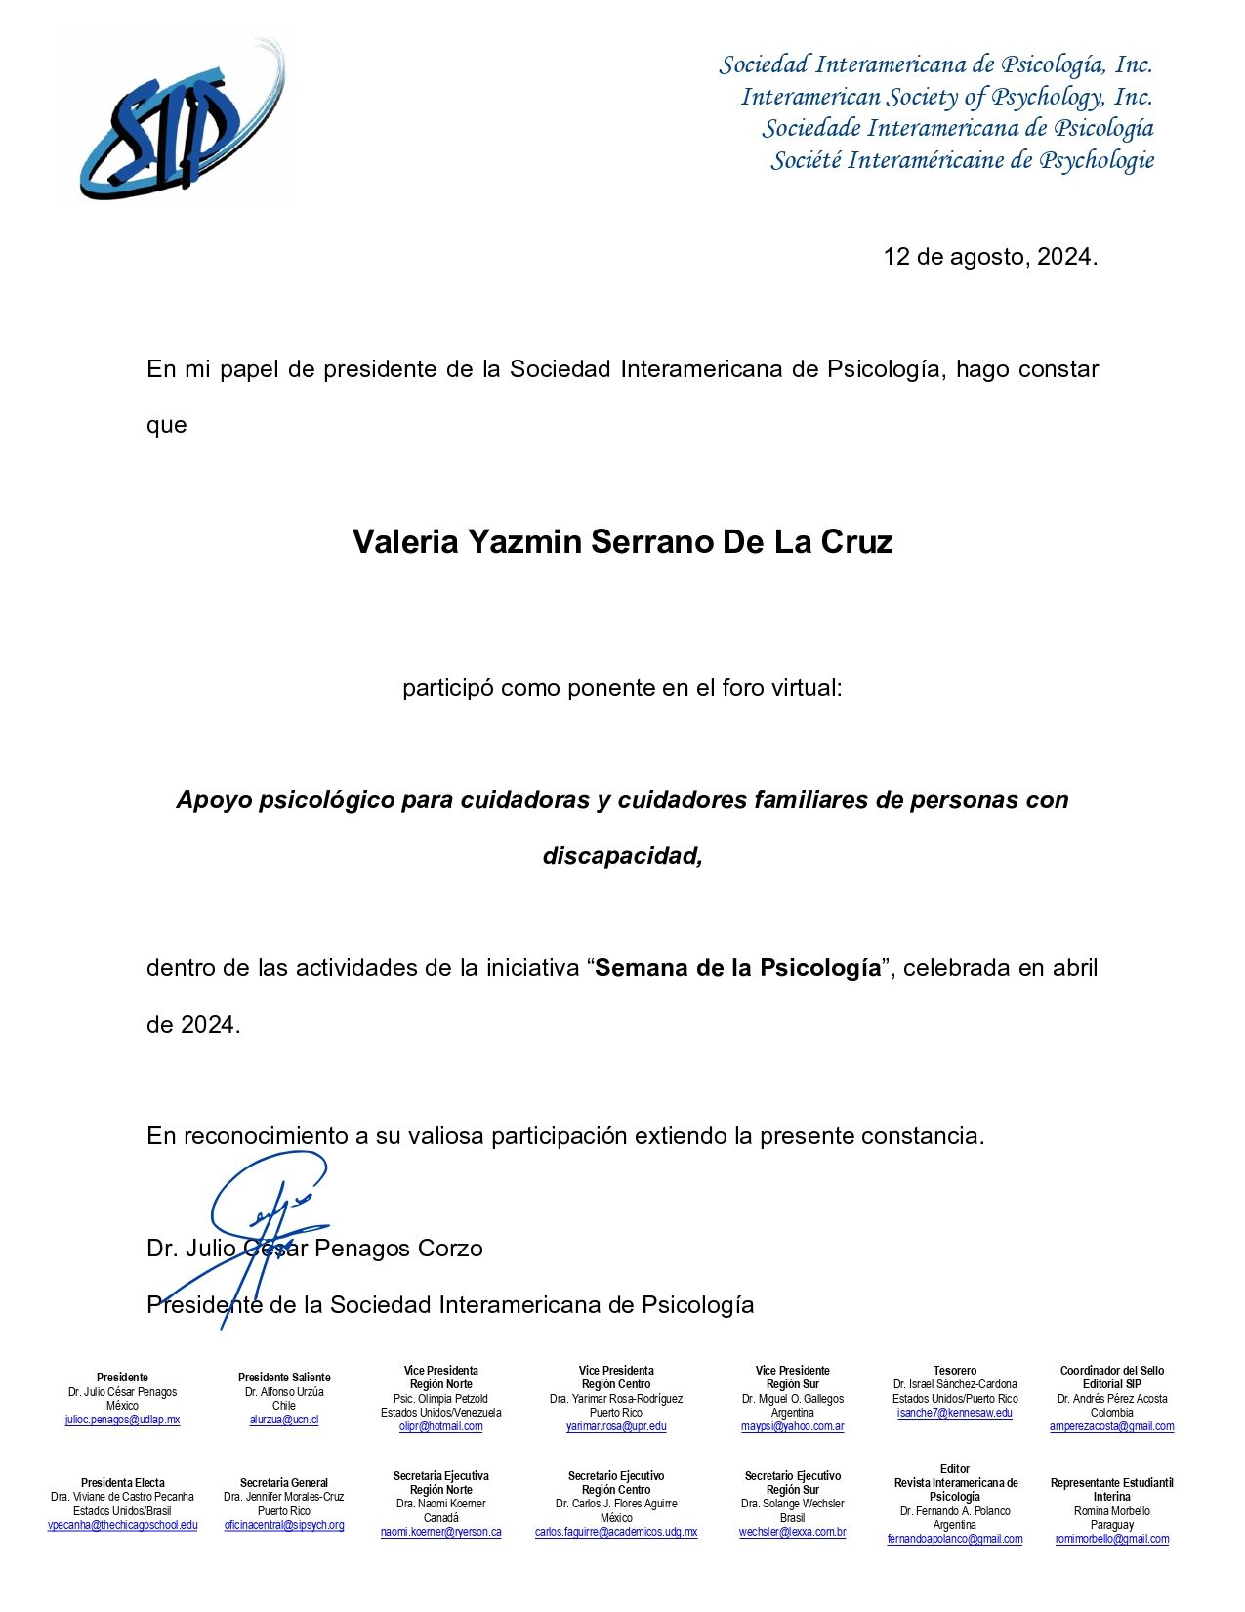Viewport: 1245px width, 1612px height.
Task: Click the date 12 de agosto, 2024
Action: (990, 257)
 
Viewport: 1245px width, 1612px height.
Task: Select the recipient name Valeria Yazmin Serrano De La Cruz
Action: (622, 541)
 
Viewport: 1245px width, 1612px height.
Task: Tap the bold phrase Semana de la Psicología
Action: (737, 968)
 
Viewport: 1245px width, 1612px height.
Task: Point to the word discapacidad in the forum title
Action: (621, 856)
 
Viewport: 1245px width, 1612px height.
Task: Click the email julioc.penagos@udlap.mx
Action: (122, 1420)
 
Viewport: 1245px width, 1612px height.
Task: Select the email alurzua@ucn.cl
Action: (284, 1420)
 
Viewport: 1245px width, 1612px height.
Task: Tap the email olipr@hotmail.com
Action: (440, 1426)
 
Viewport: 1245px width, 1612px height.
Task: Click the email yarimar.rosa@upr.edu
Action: (616, 1426)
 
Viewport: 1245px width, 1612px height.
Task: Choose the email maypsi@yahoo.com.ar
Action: (792, 1426)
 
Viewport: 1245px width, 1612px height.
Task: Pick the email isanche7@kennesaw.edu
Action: (954, 1413)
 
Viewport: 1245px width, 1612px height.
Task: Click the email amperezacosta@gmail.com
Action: (1111, 1426)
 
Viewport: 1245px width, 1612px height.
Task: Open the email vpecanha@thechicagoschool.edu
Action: (122, 1525)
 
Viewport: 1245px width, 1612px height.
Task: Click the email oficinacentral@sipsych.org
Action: (284, 1525)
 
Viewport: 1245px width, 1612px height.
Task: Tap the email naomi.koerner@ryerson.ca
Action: (440, 1532)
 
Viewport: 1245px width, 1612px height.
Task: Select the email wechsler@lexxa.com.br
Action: (792, 1532)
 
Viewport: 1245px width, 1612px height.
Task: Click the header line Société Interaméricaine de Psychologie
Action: (962, 160)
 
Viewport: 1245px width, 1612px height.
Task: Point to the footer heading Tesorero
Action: (954, 1371)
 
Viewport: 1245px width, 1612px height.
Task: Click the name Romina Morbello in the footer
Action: (1111, 1511)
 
